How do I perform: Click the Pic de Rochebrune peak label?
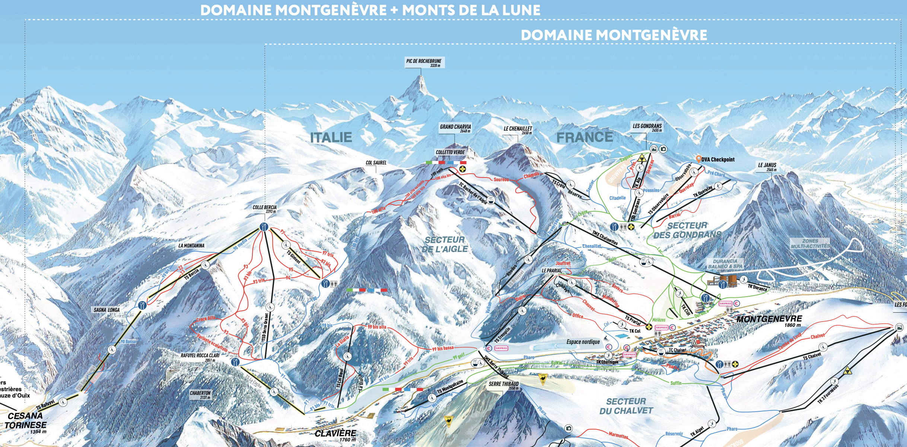424,63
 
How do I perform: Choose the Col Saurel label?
376,163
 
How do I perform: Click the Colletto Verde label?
450,152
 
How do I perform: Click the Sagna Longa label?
106,310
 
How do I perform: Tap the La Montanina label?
191,246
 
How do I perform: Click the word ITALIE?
331,137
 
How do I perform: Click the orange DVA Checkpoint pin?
698,159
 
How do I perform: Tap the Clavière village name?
335,434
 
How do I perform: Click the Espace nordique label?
583,342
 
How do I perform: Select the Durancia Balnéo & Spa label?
725,264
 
